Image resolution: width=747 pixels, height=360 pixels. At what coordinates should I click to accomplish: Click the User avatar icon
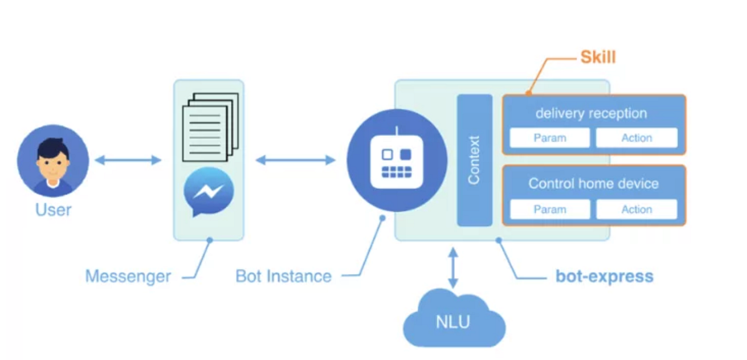coord(53,161)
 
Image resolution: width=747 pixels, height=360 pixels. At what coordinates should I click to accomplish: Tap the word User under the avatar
coord(54,210)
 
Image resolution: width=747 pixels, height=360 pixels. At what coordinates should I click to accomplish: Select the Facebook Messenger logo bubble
coord(209,191)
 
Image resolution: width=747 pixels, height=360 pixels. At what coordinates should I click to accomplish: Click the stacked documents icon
coord(210,127)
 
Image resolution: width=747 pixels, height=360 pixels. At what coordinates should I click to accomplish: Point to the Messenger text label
coord(128,277)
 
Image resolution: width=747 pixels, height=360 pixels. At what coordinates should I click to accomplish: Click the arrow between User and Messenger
coord(128,160)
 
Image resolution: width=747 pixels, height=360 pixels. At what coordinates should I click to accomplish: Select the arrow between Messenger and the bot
coord(296,160)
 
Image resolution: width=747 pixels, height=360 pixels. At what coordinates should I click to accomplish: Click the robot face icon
coord(397,161)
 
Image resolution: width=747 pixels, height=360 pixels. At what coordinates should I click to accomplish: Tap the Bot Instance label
coord(283,277)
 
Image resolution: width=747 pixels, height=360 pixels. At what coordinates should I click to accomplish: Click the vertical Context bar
coord(474,160)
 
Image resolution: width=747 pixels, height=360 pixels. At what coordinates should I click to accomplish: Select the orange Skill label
coord(598,57)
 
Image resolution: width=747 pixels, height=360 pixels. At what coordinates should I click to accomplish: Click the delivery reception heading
coord(591,113)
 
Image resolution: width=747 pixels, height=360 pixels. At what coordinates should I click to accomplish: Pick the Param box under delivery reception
coord(550,138)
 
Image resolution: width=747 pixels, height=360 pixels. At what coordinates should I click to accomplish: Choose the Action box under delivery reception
coord(637,138)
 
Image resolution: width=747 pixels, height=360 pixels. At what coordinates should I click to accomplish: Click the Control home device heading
coord(594,184)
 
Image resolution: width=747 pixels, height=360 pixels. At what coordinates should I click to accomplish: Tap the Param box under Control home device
coord(550,209)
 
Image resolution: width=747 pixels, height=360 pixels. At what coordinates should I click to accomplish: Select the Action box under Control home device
coord(637,209)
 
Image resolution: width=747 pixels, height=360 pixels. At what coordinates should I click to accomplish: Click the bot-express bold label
coord(604,277)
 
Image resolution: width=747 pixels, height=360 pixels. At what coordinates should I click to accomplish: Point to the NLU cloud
coord(454,319)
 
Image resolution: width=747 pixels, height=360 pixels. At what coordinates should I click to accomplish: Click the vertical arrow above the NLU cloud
coord(453,268)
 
